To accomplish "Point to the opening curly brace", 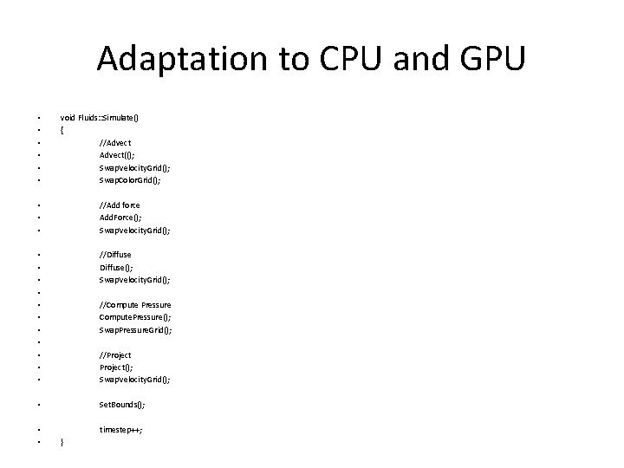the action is pos(62,130).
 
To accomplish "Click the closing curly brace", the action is pos(62,443).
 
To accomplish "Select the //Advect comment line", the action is pos(116,142).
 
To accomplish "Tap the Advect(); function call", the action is pos(117,155).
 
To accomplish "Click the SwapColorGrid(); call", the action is pos(131,180).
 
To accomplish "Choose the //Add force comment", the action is pos(120,205).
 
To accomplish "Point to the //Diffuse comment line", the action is pos(116,255).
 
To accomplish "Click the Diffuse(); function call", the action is pos(117,268).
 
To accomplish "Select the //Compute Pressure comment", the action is pos(135,305).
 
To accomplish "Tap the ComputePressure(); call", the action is pos(135,317).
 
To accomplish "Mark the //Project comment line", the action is pos(116,354).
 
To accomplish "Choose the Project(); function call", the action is pos(117,367).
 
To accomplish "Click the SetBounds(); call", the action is pos(122,405).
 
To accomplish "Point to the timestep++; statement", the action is pos(121,430).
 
